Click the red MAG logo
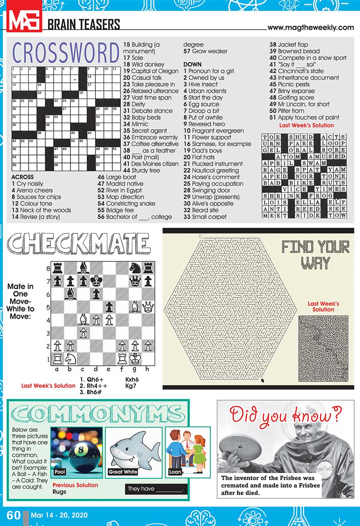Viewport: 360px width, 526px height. pos(24,20)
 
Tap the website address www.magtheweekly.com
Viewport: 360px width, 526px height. pos(310,28)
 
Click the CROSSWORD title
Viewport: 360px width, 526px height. pos(66,53)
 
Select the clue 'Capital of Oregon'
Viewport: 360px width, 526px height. pos(151,71)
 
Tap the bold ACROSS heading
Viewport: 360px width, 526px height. pos(22,177)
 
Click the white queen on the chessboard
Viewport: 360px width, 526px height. pos(148,307)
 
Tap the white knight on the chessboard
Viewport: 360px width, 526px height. pos(71,358)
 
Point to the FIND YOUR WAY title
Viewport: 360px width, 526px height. pos(315,255)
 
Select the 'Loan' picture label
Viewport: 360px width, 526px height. pos(175,472)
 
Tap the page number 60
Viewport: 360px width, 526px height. pos(14,515)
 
